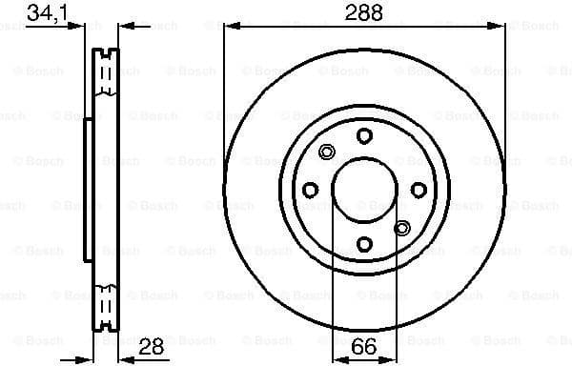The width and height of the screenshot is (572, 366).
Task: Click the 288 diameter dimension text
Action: click(363, 13)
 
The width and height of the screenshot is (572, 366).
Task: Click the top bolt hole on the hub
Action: click(364, 136)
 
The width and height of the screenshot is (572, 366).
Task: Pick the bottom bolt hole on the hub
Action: click(364, 244)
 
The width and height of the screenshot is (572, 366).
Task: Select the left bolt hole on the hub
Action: click(310, 191)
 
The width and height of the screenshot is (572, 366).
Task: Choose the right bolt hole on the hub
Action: click(419, 191)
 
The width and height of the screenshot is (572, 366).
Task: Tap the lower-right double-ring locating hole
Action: click(401, 227)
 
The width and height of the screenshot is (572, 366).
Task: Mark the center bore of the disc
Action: click(364, 191)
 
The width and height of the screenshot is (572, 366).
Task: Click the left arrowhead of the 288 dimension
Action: click(229, 28)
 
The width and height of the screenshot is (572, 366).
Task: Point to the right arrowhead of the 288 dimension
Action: click(500, 28)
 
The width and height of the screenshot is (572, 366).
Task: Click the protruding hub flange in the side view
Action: click(88, 191)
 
